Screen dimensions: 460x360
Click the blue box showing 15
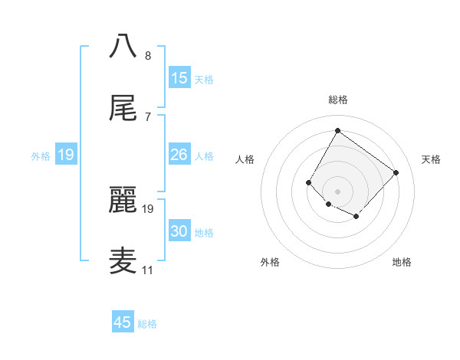(179, 78)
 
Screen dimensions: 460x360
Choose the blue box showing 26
(179, 155)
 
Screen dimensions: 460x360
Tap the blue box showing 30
(179, 231)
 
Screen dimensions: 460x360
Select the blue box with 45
(123, 322)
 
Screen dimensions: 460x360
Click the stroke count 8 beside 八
(148, 56)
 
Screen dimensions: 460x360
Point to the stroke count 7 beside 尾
(148, 117)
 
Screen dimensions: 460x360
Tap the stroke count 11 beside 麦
(147, 270)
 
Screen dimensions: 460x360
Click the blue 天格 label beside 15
(204, 80)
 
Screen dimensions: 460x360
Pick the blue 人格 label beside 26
(204, 156)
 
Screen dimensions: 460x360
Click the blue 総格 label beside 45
(147, 324)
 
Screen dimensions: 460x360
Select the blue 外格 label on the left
(41, 156)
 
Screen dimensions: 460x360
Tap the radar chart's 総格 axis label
(337, 100)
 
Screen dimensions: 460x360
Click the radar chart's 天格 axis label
(431, 159)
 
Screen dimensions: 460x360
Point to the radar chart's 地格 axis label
(402, 262)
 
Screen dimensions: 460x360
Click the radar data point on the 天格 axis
(396, 172)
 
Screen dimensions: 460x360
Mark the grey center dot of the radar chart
(337, 191)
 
